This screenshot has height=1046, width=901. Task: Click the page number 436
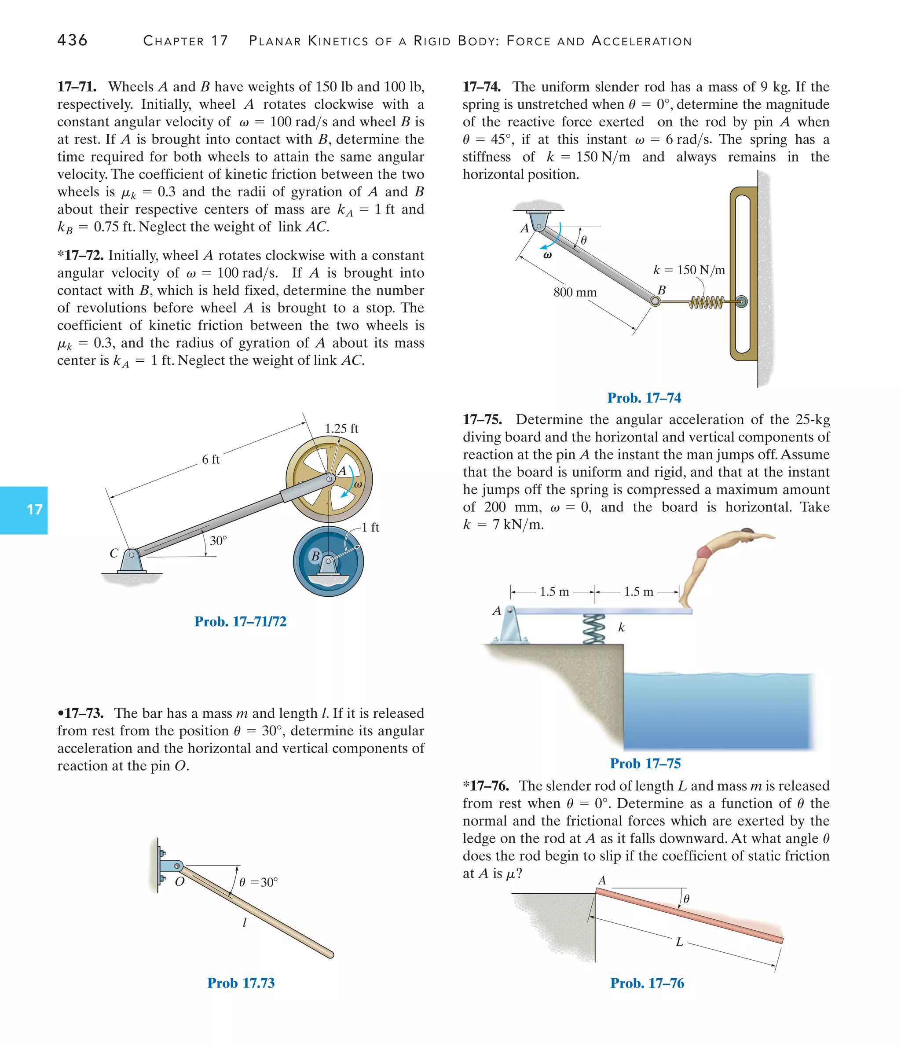click(72, 40)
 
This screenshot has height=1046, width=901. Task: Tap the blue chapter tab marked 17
click(24, 510)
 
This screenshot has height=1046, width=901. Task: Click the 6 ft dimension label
click(210, 459)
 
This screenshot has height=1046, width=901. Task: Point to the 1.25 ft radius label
click(341, 429)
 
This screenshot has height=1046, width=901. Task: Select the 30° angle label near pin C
click(218, 541)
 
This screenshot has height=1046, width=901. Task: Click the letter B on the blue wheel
click(315, 556)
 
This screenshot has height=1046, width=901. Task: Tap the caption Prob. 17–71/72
click(240, 621)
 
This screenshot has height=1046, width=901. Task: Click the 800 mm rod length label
click(575, 292)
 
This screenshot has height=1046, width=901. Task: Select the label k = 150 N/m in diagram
click(689, 270)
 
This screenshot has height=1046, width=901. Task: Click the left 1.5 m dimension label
click(554, 592)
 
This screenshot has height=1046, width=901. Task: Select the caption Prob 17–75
click(645, 763)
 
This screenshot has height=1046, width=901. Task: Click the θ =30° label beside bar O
click(258, 882)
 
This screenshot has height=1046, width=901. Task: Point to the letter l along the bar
click(244, 922)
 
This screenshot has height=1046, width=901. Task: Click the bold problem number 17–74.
click(482, 87)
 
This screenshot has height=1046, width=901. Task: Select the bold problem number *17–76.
click(486, 786)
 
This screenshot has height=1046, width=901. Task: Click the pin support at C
click(131, 560)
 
